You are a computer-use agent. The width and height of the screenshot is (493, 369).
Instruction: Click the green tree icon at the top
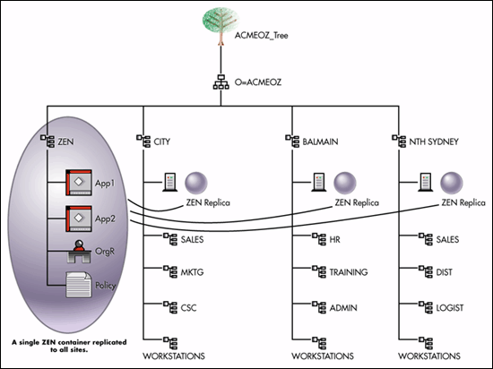221,26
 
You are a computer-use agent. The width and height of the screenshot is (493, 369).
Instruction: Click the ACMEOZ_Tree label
261,36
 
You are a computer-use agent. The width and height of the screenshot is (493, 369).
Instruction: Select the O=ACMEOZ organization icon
221,82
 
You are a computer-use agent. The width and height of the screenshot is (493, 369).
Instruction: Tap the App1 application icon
79,183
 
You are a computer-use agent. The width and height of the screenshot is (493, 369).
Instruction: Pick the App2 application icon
79,219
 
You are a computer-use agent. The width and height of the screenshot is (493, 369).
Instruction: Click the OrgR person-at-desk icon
79,252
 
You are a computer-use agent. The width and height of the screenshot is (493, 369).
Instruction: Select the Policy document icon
79,285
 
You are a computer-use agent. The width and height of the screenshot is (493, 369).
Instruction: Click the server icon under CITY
169,182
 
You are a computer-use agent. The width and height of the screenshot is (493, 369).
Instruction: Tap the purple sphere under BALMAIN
345,183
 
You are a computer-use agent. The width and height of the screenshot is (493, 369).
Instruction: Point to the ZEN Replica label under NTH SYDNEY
463,203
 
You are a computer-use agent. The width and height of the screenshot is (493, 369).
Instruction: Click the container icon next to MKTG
170,271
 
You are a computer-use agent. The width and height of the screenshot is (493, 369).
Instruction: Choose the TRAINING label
349,272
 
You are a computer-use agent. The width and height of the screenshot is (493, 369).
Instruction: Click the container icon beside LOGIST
426,307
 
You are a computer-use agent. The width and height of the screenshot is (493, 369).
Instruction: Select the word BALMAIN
320,142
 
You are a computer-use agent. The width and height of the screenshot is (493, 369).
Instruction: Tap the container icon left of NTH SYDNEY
399,141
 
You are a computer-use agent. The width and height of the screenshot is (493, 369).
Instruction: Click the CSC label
188,308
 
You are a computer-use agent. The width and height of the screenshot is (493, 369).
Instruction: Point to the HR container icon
319,239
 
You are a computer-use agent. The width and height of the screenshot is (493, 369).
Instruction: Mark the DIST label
445,272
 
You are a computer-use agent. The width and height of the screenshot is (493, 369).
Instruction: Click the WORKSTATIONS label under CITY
174,356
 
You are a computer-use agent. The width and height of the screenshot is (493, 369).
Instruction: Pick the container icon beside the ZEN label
48,141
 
